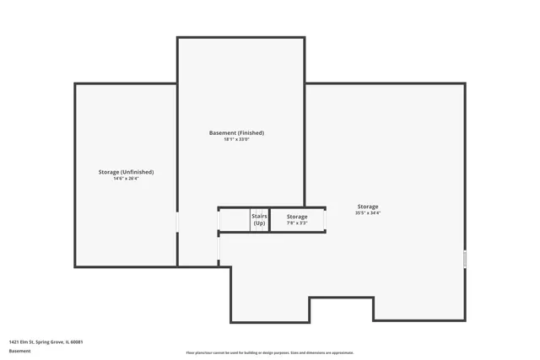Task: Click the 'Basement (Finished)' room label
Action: click(236, 132)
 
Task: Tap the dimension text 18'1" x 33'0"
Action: click(236, 139)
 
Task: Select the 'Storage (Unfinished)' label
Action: click(126, 172)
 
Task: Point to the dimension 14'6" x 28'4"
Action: click(126, 179)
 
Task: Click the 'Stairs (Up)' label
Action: click(259, 219)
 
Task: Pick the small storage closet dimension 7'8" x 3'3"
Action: click(297, 223)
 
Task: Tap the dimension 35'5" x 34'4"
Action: click(368, 213)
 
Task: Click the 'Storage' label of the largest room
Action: click(368, 207)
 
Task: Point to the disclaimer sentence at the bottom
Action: click(270, 352)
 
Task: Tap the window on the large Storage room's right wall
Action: click(465, 258)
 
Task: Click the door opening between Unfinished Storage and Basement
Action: click(177, 221)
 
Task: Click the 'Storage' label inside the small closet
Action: click(297, 217)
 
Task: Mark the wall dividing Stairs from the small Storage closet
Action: click(270, 219)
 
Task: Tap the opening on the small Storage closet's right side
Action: click(326, 219)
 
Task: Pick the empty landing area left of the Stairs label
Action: click(234, 219)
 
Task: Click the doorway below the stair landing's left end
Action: click(219, 249)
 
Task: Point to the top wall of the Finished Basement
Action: click(240, 37)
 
